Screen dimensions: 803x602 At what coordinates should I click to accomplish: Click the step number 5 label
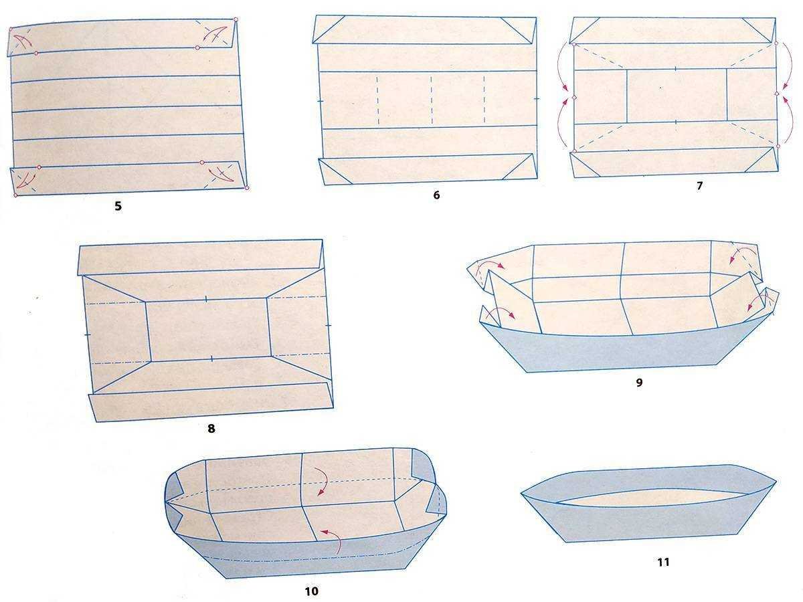coord(118,206)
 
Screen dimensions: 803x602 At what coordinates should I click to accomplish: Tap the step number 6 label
coord(436,195)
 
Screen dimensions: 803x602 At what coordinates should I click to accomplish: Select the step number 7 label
coord(699,186)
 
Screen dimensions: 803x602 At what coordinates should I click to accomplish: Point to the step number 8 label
coord(211,428)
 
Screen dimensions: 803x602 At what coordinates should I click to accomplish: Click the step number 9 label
coord(639,383)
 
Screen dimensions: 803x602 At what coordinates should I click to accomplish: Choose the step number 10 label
coord(311,591)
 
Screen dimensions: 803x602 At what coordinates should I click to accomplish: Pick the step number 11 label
coord(663,562)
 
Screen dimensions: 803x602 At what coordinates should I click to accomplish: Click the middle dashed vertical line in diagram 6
coord(432,100)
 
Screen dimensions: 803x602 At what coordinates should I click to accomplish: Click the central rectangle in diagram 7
coord(677,95)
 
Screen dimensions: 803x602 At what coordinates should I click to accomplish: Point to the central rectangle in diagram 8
coord(209,330)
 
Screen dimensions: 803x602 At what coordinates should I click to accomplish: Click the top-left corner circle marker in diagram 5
coord(11,29)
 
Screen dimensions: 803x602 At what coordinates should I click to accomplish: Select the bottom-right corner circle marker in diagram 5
coord(247,188)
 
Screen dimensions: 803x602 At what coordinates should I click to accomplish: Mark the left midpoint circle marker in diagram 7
coord(573,98)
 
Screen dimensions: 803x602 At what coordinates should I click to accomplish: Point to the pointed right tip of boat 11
coord(776,482)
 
